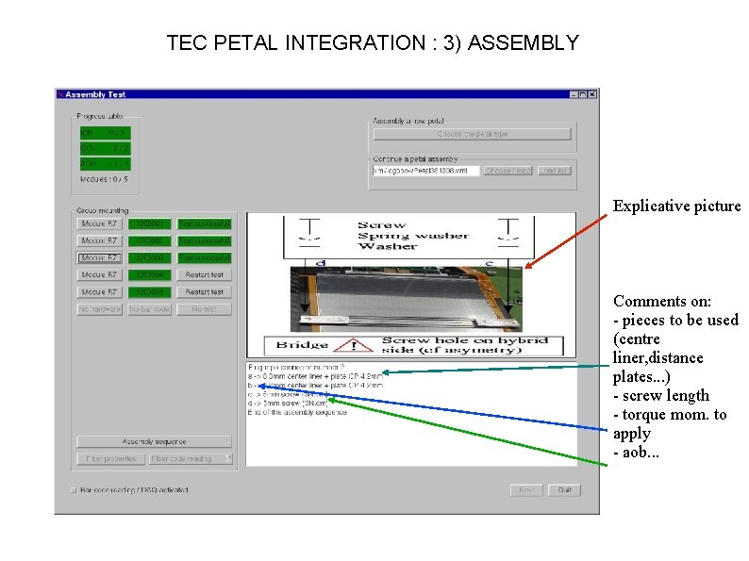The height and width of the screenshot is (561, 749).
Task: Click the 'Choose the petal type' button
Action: pos(472,134)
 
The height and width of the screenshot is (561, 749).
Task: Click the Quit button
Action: pos(564,490)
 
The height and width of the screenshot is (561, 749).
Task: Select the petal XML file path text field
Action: pos(426,171)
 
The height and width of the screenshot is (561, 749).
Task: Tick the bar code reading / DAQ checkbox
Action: pos(74,490)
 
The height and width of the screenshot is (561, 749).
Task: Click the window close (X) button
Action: pos(592,94)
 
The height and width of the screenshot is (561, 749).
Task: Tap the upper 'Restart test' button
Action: pos(204,274)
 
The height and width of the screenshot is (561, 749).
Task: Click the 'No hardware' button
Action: pos(98,309)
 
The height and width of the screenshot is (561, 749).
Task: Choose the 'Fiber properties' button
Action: pos(110,459)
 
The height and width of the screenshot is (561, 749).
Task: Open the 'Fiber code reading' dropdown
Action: pos(191,459)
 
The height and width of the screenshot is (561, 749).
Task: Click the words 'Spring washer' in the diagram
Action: pos(400,236)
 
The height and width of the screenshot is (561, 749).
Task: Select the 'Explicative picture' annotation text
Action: pos(676,206)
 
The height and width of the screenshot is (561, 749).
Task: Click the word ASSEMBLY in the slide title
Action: pos(524,42)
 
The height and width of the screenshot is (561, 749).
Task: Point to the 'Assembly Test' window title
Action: pos(95,94)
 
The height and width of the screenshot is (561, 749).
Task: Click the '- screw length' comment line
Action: pos(661,396)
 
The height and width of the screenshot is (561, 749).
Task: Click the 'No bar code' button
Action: pos(150,309)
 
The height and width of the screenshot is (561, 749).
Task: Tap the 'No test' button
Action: pos(204,309)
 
